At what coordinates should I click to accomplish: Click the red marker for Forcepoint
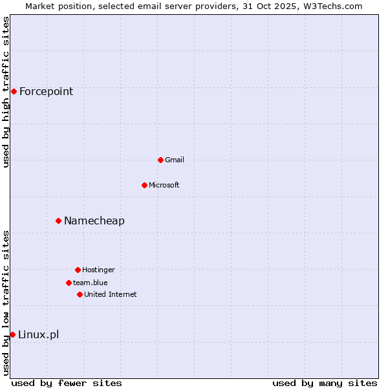tap(14, 91)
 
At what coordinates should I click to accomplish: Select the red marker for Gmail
tap(160, 160)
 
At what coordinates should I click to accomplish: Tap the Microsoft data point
tap(144, 185)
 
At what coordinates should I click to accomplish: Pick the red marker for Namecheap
tap(58, 221)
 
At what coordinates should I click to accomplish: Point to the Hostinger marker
tap(78, 270)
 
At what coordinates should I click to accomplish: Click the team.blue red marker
tap(69, 283)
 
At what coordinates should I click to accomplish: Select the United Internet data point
tap(80, 294)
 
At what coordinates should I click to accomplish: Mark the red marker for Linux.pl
tap(12, 334)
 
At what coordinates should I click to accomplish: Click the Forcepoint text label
tap(46, 91)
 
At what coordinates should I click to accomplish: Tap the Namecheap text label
tap(94, 221)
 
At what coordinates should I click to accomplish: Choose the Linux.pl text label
tap(38, 334)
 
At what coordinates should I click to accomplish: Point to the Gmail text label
tap(175, 160)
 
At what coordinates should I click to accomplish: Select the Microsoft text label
tap(164, 185)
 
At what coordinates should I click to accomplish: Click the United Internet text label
tap(110, 294)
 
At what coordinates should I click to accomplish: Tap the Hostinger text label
tap(98, 270)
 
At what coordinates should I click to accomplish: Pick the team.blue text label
tap(90, 283)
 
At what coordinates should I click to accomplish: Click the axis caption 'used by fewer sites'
tap(67, 383)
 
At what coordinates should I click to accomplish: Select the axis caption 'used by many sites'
tap(325, 383)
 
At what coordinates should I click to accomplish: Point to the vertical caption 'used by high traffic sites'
tap(6, 92)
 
